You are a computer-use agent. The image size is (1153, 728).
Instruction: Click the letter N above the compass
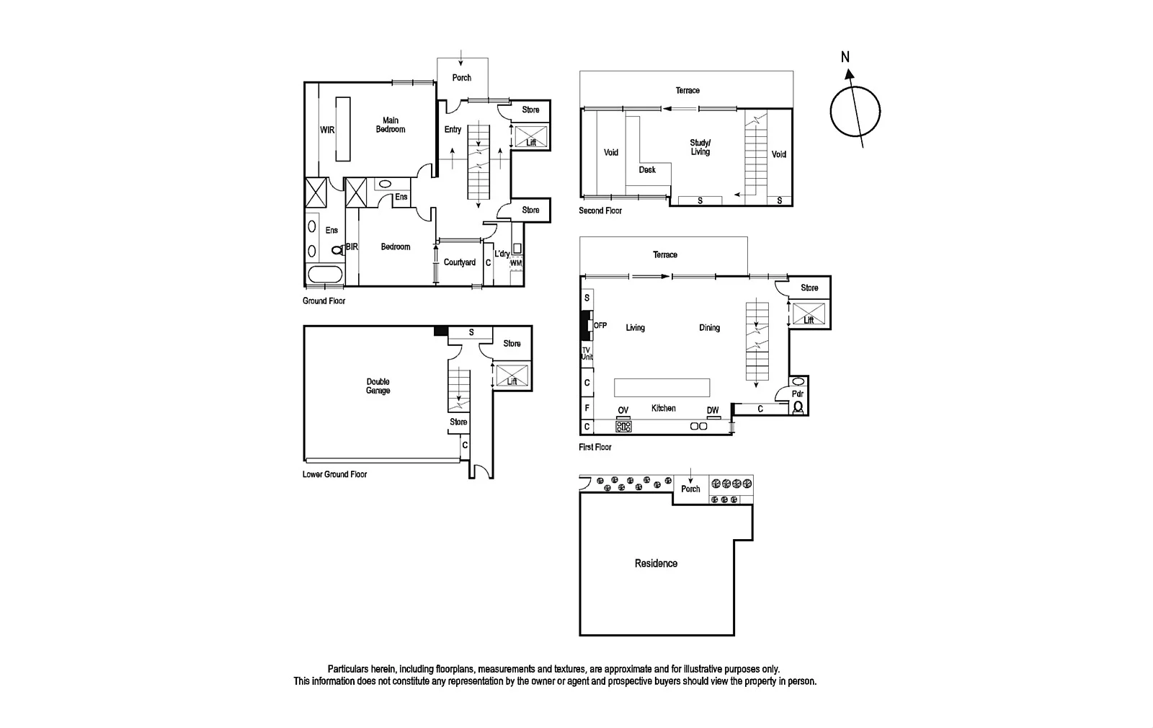(x=845, y=56)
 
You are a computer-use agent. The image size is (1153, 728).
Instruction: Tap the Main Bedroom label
(x=390, y=125)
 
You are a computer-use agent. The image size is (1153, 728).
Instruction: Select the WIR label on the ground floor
(x=327, y=130)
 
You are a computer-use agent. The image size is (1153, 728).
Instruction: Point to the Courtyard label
(x=459, y=262)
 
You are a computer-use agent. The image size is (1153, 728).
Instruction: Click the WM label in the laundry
(x=516, y=264)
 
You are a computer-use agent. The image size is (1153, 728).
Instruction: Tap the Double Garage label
(x=378, y=386)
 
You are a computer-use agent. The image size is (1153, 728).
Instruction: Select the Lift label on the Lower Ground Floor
(x=512, y=381)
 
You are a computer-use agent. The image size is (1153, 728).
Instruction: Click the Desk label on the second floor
(x=647, y=170)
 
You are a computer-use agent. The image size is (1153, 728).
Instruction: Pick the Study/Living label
(x=700, y=147)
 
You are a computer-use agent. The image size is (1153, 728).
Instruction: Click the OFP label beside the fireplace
(x=600, y=326)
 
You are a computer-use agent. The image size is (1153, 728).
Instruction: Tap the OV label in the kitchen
(x=623, y=411)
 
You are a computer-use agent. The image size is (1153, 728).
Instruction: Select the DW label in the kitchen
(x=712, y=411)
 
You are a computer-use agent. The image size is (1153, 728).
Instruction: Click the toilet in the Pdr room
(x=798, y=407)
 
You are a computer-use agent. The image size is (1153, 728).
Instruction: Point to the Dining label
(x=709, y=328)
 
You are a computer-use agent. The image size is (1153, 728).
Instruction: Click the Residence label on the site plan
(x=656, y=564)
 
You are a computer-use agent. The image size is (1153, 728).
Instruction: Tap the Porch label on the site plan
(x=690, y=489)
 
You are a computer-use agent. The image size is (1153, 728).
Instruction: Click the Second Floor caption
(x=600, y=210)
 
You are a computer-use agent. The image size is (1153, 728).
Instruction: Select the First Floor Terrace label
(x=664, y=254)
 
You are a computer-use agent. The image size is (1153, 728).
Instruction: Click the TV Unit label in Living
(x=587, y=353)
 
